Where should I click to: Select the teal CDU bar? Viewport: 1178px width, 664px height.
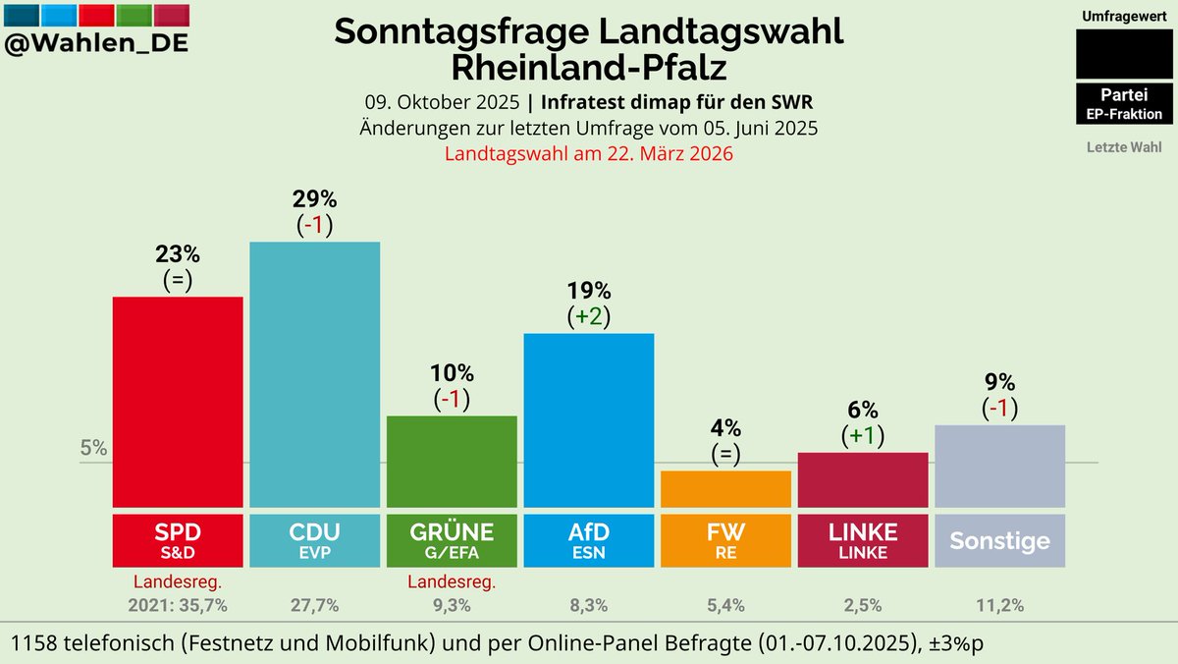tap(314, 373)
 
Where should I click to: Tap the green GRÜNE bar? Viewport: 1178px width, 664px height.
tap(452, 460)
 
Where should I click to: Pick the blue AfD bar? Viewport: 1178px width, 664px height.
tap(588, 419)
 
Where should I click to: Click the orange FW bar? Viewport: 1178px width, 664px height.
tap(725, 488)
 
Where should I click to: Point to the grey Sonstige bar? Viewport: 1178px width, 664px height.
tap(999, 466)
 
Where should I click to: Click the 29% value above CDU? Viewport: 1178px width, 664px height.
tap(314, 197)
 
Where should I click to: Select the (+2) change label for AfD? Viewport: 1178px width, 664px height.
tap(588, 317)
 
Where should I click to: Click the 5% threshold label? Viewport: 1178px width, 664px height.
tap(93, 449)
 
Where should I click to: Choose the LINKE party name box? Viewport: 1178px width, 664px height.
tap(863, 539)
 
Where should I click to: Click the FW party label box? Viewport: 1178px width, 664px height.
tap(725, 539)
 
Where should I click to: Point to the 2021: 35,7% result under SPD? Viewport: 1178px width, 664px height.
tap(178, 605)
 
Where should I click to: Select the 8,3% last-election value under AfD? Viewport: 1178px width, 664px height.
tap(588, 605)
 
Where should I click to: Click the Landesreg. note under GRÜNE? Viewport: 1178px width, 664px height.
tap(452, 581)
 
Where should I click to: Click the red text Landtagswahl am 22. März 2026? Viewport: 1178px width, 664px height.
tap(589, 154)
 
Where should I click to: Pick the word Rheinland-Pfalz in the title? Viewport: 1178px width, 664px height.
tap(589, 68)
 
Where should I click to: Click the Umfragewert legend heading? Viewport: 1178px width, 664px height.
tap(1124, 17)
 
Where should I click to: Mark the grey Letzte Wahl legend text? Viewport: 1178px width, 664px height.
tap(1124, 147)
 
